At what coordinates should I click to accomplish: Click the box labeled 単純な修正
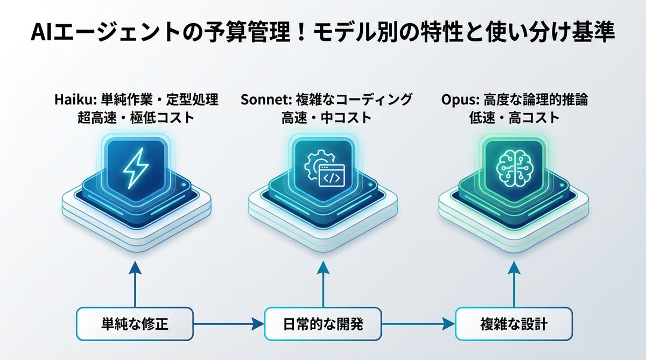point(135,324)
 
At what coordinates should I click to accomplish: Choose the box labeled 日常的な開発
point(323,324)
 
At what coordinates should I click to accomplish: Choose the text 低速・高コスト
point(515,118)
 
